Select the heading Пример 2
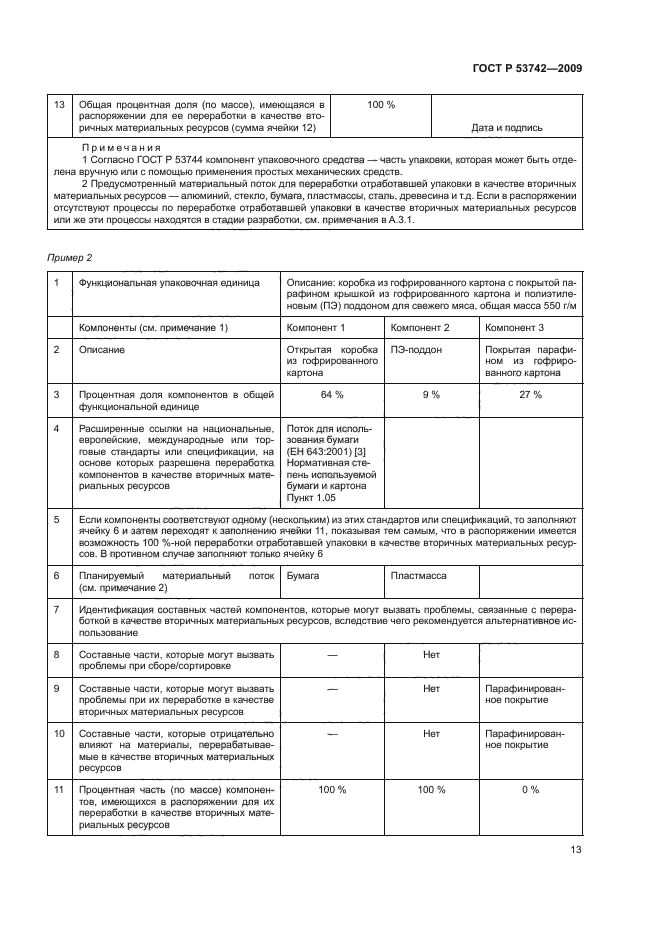pos(68,258)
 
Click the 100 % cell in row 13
pos(381,105)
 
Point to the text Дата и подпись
pos(506,128)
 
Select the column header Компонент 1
pos(316,328)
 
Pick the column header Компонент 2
pos(420,328)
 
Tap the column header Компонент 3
pos(514,328)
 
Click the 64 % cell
pos(331,395)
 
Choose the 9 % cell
pos(431,395)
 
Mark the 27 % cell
pos(530,395)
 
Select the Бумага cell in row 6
pos(303,577)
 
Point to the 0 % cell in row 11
pos(530,790)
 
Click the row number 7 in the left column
pos(57,609)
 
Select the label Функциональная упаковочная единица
pos(168,283)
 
